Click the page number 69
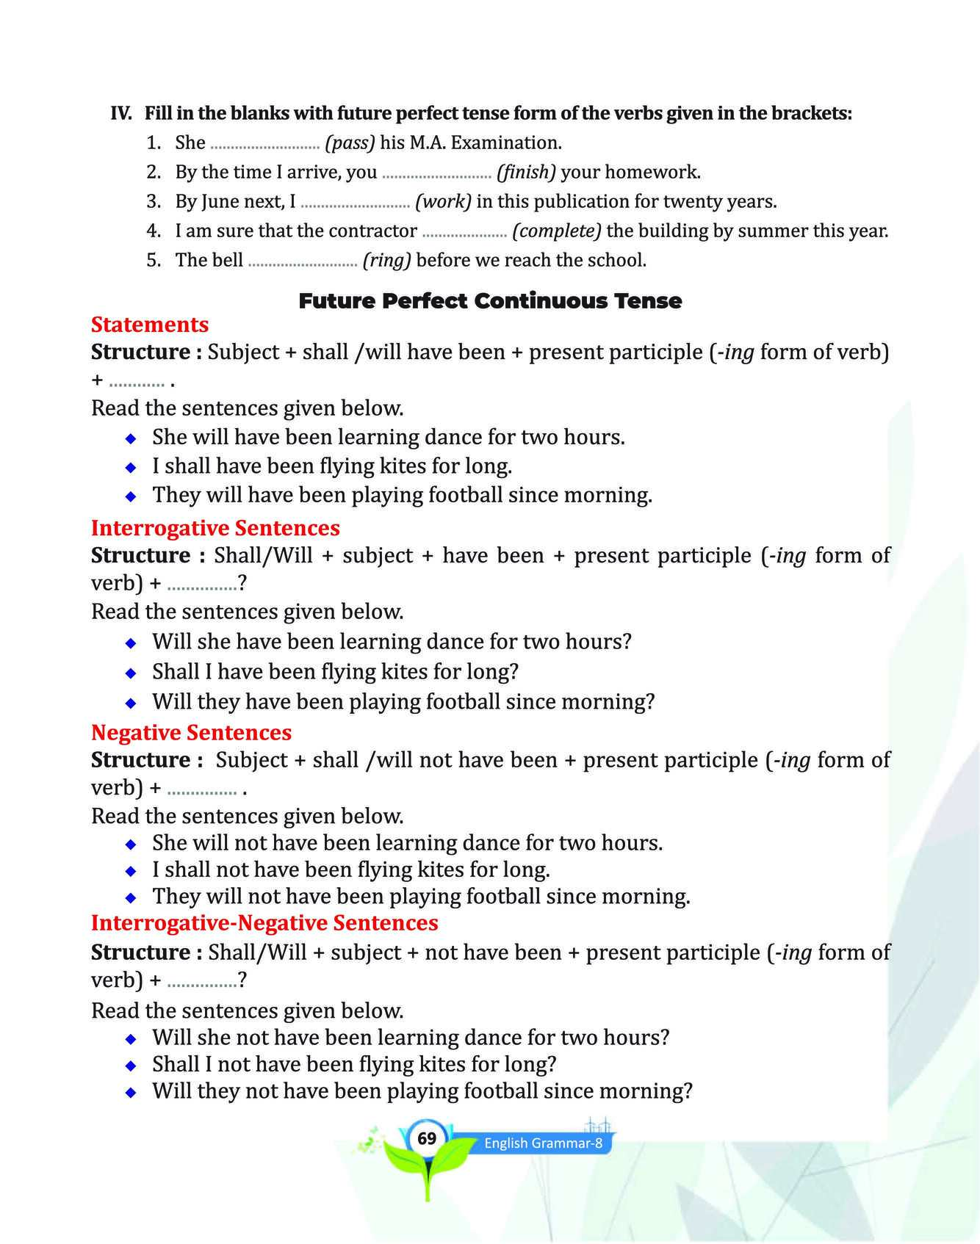(427, 1139)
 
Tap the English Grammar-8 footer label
(543, 1143)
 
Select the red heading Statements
(150, 325)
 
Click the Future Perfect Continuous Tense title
(490, 301)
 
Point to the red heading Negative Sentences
(191, 732)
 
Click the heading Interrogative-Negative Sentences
(264, 923)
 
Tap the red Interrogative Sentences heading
(215, 528)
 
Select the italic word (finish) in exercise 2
(526, 173)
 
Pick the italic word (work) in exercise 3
(443, 202)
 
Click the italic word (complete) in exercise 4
(557, 231)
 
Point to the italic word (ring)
(386, 261)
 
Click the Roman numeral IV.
(121, 113)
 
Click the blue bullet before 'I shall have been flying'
(131, 467)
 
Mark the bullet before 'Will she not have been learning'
(131, 1039)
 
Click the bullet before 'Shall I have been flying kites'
(131, 673)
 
